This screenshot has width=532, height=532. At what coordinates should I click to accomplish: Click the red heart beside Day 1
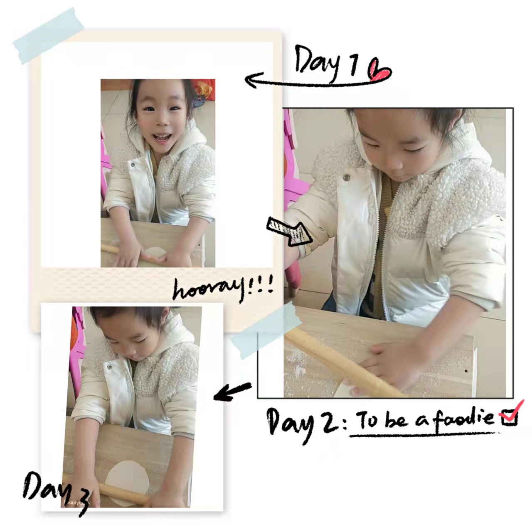(379, 69)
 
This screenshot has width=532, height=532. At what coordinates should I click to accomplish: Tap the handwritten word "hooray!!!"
(223, 287)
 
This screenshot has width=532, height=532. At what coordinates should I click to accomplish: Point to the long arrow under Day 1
(309, 81)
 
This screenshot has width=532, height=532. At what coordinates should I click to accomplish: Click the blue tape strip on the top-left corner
(49, 36)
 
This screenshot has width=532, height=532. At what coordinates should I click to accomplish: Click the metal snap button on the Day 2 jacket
(346, 177)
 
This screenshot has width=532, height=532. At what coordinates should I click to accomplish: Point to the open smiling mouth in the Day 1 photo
(162, 138)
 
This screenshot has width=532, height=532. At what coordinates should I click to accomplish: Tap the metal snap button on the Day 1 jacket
(133, 165)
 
